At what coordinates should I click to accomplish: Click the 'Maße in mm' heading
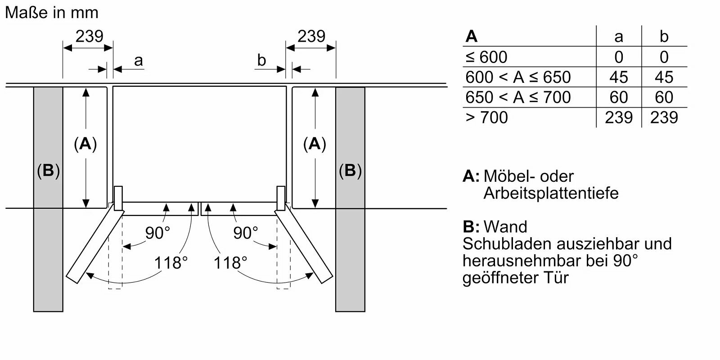coord(52,13)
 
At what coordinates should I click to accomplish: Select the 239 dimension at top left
coord(89,36)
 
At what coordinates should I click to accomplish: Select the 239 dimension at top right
coord(311,36)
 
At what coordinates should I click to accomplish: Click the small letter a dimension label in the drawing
coord(139,60)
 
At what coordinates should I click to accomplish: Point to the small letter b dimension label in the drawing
coord(262,60)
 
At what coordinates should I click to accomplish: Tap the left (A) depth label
coord(85,144)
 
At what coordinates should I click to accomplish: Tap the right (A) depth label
coord(315,144)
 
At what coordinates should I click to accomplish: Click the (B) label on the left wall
coord(48,171)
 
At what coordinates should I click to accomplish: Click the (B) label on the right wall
coord(350,171)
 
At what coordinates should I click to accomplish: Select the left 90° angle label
coord(157,233)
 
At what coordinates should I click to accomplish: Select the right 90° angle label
coord(246,233)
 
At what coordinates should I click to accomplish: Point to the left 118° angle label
coord(171,262)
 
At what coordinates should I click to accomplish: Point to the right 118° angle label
coord(230,262)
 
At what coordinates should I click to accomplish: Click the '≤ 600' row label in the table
coord(486,57)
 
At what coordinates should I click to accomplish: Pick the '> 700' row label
coord(486,117)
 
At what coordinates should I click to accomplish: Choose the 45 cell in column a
coord(619,77)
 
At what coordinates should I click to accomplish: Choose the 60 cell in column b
coord(664,97)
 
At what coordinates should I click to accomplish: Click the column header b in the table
coord(664,36)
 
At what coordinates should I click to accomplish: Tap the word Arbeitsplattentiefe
coord(551,193)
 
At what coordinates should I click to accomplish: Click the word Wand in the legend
coord(505,226)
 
